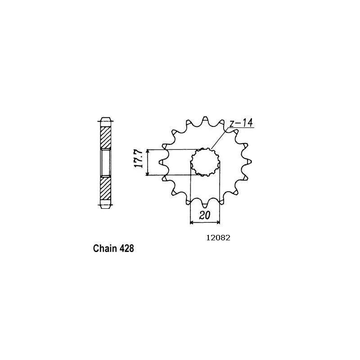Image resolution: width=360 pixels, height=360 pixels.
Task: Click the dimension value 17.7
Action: pyautogui.click(x=139, y=159)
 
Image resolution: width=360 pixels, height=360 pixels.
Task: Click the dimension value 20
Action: pyautogui.click(x=205, y=216)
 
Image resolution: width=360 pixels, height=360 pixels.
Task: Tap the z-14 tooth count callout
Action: pyautogui.click(x=241, y=123)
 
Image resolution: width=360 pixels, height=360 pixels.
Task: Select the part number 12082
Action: pyautogui.click(x=218, y=238)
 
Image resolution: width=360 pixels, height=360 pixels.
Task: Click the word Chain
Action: pyautogui.click(x=105, y=248)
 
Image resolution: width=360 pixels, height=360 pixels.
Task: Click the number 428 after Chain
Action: pyautogui.click(x=126, y=249)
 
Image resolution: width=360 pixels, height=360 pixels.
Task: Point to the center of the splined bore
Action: pyautogui.click(x=205, y=162)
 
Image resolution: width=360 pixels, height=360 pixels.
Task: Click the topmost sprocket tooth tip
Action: pyautogui.click(x=205, y=117)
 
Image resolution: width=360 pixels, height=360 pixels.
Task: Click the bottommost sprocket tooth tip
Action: pyautogui.click(x=205, y=207)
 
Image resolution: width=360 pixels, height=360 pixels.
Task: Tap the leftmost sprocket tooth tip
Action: pyautogui.click(x=160, y=162)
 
